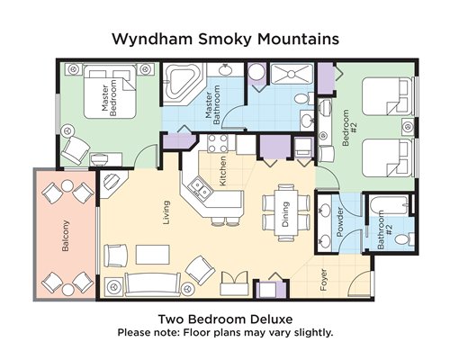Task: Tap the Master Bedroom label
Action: (109, 98)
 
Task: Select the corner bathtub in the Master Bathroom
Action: (183, 84)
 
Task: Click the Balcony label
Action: (66, 236)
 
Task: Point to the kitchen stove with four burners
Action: (218, 144)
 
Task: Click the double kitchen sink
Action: (199, 188)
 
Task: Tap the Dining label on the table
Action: (285, 214)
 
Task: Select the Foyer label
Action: (323, 280)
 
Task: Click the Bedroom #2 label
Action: (349, 128)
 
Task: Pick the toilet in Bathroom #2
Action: (404, 238)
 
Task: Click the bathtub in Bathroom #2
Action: (389, 205)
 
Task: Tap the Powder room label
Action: (339, 222)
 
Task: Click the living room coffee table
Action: (153, 255)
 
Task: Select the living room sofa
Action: (153, 284)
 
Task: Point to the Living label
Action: (166, 212)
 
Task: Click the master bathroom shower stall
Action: (292, 74)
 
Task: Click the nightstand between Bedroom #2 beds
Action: (408, 127)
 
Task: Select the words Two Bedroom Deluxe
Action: (225, 319)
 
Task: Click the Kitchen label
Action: (222, 171)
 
